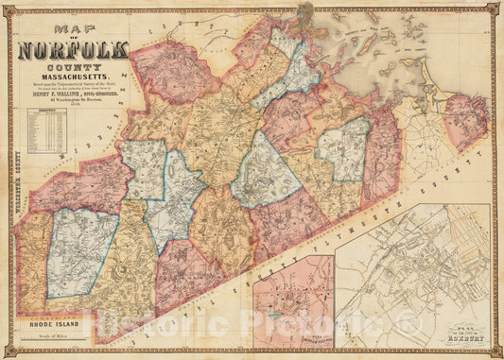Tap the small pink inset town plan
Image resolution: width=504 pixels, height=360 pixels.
pyautogui.click(x=292, y=301)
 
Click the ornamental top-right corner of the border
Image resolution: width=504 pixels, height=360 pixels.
pyautogui.click(x=495, y=9)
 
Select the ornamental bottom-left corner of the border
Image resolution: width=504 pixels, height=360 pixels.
pyautogui.click(x=9, y=351)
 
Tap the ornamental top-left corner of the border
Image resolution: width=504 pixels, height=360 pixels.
pyautogui.click(x=9, y=9)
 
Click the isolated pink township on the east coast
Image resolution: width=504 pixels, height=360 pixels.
pyautogui.click(x=466, y=121)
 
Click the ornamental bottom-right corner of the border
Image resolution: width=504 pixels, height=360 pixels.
pyautogui.click(x=495, y=351)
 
